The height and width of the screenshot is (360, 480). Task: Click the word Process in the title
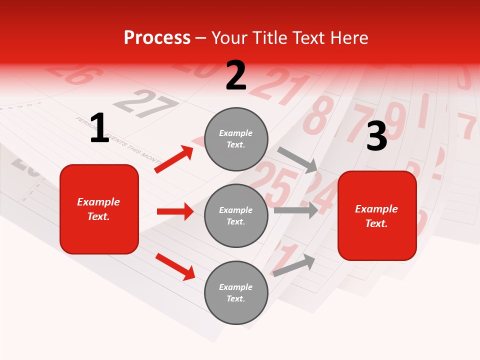click(x=157, y=38)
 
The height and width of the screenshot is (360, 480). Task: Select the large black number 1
click(x=99, y=128)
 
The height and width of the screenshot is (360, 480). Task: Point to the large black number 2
click(x=236, y=75)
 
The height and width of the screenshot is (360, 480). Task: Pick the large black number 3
click(x=376, y=136)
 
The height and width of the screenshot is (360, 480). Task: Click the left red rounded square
click(x=99, y=209)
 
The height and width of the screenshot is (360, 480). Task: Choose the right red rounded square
click(x=377, y=215)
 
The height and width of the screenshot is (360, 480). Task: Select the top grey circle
click(x=236, y=138)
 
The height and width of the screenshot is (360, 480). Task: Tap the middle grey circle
click(x=236, y=215)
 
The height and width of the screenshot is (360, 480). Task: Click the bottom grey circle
click(x=236, y=292)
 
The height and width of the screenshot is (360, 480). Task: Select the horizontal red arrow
click(x=175, y=211)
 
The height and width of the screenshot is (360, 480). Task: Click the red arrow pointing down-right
click(x=175, y=266)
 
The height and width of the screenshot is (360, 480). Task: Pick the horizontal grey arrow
click(x=295, y=210)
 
